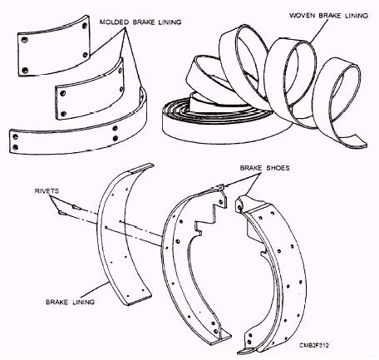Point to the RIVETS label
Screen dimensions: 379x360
(47, 191)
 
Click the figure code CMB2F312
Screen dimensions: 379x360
(314, 345)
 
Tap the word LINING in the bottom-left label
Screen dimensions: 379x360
(84, 302)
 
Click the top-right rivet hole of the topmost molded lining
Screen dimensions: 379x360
(85, 26)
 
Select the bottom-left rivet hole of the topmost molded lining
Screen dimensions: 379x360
(25, 70)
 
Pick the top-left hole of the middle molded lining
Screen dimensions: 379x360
(63, 93)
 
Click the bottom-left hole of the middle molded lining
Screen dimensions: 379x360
(63, 114)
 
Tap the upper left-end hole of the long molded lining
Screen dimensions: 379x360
(16, 136)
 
